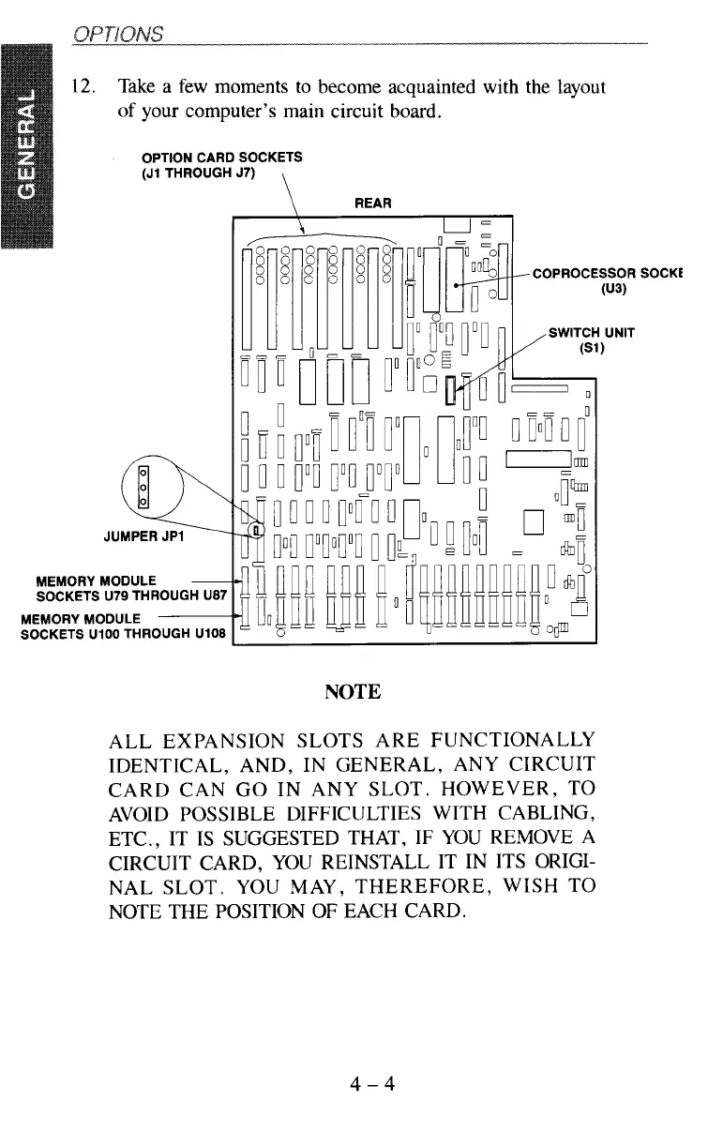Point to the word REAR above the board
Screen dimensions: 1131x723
(372, 202)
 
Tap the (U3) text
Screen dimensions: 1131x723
(614, 290)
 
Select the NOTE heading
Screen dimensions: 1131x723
(352, 692)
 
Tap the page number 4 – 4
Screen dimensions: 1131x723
(371, 1085)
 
